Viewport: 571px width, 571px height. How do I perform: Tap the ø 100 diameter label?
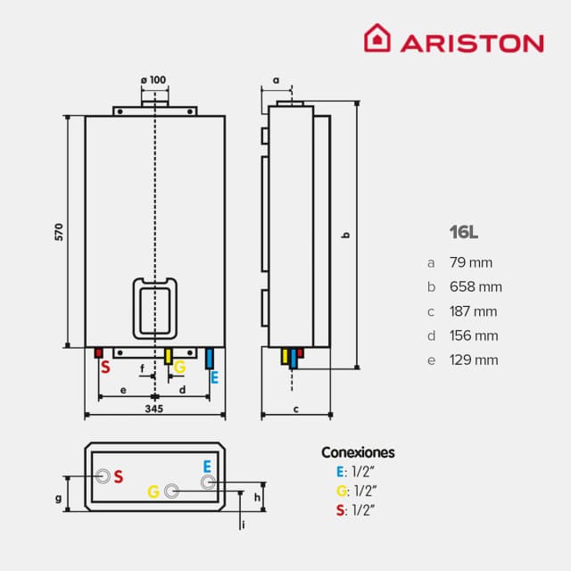(153, 80)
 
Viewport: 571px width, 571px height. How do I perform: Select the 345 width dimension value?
(153, 410)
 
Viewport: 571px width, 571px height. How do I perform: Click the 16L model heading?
(464, 233)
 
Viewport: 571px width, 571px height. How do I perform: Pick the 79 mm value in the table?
(472, 262)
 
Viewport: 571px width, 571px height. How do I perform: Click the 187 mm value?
(475, 311)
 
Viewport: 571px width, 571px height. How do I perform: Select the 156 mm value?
(475, 336)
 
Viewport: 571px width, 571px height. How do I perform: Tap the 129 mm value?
(475, 360)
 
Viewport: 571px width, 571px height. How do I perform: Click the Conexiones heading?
(357, 452)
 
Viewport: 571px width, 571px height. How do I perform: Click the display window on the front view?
(155, 306)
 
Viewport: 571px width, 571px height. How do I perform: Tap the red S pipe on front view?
(100, 353)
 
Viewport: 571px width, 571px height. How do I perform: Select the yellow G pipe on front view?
(168, 356)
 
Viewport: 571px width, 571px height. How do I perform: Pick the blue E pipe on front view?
(210, 359)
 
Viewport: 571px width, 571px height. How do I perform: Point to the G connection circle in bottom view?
(171, 491)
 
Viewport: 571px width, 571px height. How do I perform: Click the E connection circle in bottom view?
(208, 483)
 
